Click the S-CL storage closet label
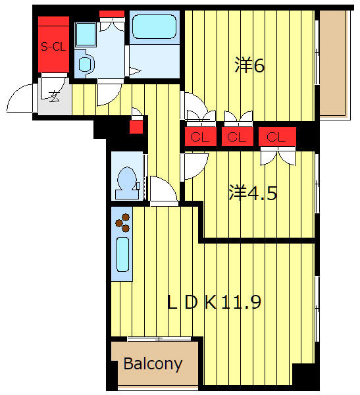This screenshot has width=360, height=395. coord(53,47)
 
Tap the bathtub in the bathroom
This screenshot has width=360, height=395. coord(154,26)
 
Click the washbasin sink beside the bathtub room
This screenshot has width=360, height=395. coord(85,65)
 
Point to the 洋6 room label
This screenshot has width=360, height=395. coord(249,65)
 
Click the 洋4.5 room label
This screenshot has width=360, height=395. coord(253,193)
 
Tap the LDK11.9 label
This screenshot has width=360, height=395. coord(214,302)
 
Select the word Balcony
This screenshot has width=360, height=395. coord(153,364)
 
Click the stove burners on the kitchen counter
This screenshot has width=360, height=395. coord(122,223)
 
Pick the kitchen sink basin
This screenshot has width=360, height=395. coord(122,254)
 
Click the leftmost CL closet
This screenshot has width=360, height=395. coord(200,137)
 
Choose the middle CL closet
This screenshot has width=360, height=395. coord(237,137)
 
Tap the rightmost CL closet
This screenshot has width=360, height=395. coord(277,137)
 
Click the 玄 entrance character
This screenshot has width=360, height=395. coord(54,97)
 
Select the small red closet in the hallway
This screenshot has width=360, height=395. coord(136,127)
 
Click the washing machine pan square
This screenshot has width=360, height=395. coord(86,34)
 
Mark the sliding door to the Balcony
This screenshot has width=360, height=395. coord(159,339)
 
